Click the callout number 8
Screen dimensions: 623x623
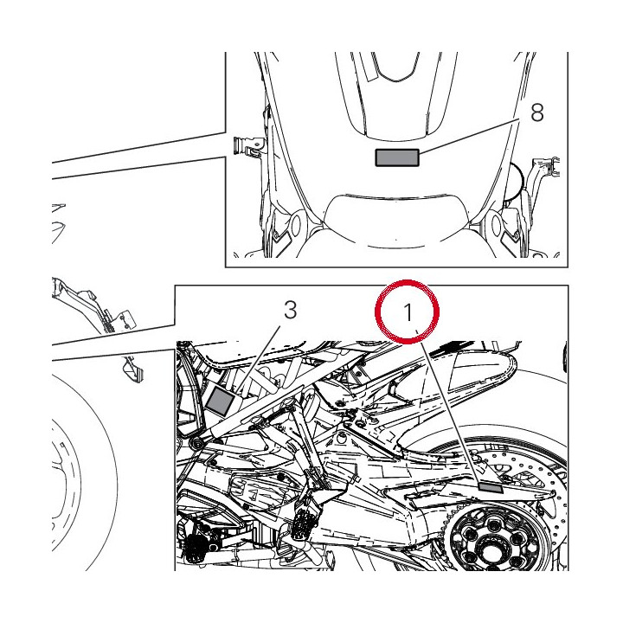click(x=537, y=112)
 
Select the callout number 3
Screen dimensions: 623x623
click(x=291, y=310)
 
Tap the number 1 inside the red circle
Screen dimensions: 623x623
click(x=408, y=311)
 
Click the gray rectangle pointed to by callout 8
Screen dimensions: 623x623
click(x=397, y=157)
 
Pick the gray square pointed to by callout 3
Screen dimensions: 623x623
click(x=221, y=401)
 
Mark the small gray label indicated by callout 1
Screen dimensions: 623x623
click(x=491, y=487)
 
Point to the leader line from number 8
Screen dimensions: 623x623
click(x=469, y=137)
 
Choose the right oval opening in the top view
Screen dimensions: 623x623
click(x=497, y=225)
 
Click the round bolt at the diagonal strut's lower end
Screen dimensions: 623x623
click(x=196, y=443)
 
